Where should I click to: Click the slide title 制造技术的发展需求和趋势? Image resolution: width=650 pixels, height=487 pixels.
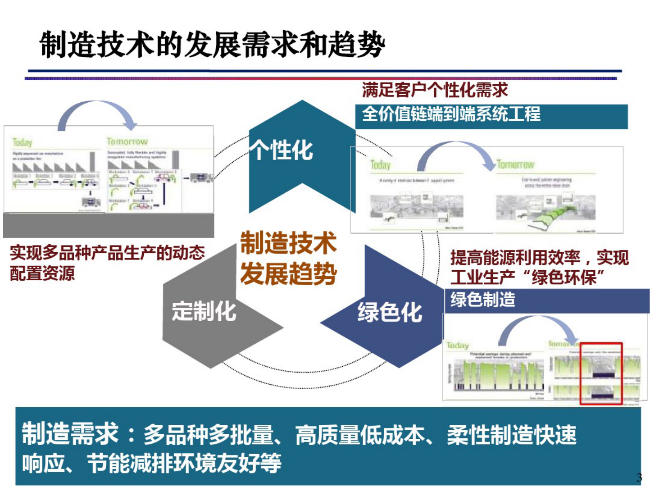click(x=212, y=45)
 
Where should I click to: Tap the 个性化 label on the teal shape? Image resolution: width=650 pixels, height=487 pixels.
click(x=282, y=150)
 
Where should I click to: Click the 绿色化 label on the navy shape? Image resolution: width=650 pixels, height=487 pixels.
click(x=390, y=312)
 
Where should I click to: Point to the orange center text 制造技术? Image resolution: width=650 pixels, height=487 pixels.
click(x=288, y=243)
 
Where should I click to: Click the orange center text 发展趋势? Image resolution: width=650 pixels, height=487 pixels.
click(x=288, y=273)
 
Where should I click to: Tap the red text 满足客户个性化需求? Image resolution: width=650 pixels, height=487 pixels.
click(x=435, y=90)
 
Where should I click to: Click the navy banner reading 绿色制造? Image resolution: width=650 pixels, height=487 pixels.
click(x=546, y=301)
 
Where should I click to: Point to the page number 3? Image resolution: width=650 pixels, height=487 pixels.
click(x=639, y=477)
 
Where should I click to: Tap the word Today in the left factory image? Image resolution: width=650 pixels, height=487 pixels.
click(x=22, y=142)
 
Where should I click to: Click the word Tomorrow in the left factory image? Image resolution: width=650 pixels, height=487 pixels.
click(x=127, y=142)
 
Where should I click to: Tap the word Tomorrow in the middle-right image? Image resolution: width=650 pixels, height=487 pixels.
click(x=515, y=165)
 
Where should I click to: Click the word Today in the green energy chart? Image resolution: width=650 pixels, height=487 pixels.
click(x=457, y=345)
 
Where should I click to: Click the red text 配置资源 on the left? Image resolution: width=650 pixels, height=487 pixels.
click(x=42, y=273)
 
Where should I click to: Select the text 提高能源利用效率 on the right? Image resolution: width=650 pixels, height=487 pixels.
click(x=515, y=258)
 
